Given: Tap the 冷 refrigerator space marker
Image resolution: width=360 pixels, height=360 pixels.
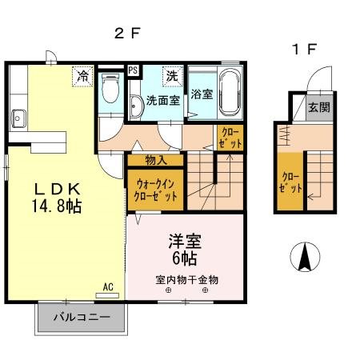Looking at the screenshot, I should (82, 76).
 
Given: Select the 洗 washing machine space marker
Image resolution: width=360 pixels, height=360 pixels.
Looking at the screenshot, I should (172, 76).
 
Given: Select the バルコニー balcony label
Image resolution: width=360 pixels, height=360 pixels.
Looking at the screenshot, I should (78, 318).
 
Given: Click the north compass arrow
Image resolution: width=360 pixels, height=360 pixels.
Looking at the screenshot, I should (306, 257).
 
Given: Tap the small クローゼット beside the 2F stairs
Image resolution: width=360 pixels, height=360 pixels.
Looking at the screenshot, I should (229, 138).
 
